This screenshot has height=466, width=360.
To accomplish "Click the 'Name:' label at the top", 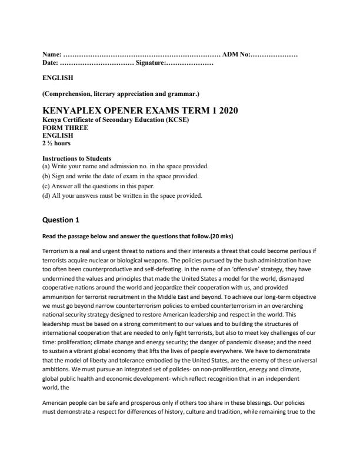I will pyautogui.click(x=52, y=54).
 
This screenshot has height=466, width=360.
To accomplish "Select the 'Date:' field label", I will pyautogui.click(x=51, y=62).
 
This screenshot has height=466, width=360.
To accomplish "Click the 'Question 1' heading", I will pyautogui.click(x=61, y=220).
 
